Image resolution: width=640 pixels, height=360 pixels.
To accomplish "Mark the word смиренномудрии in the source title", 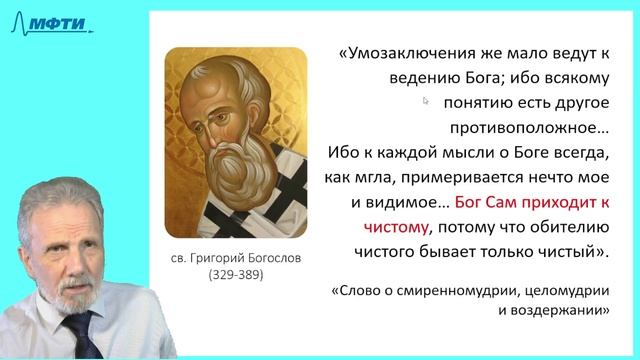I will coord(458,292).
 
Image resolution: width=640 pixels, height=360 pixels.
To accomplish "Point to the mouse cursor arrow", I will coord(426,101).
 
